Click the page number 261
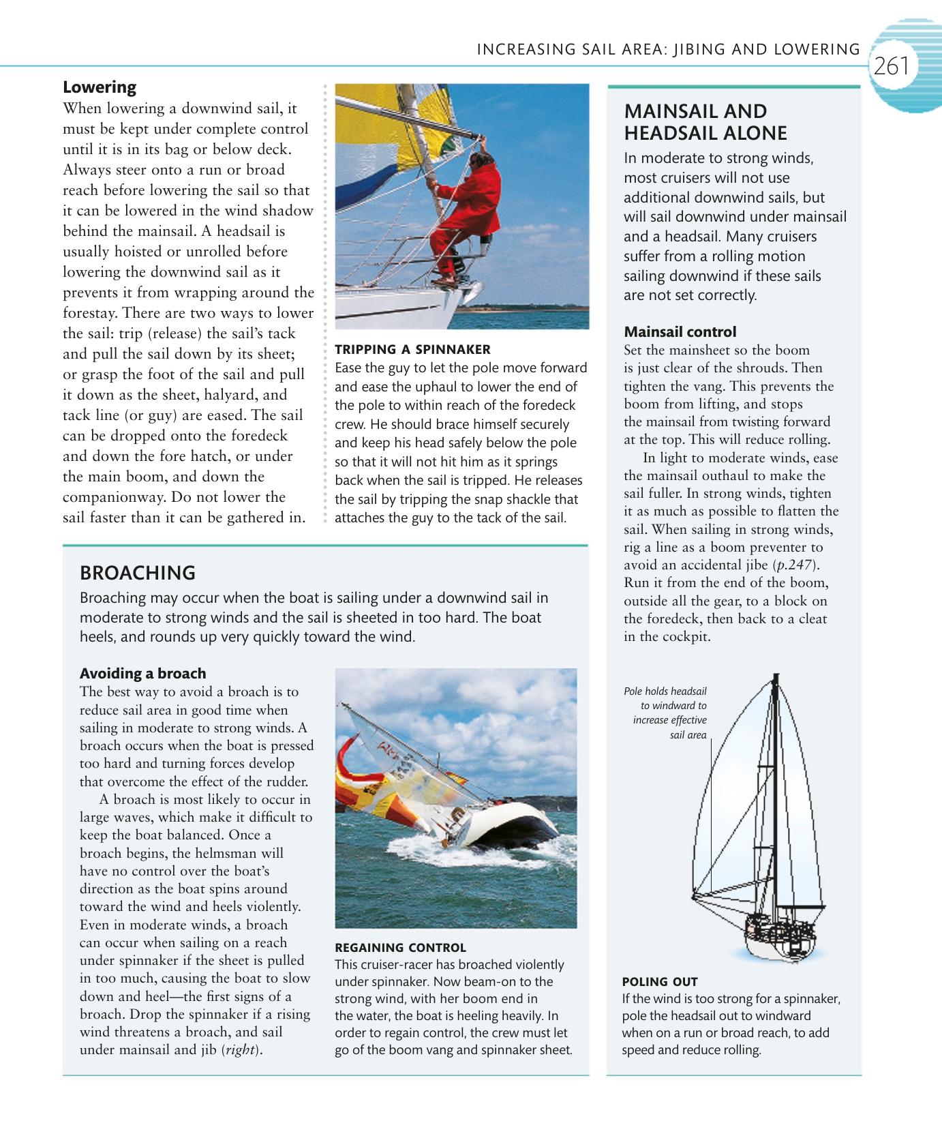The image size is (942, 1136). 892,66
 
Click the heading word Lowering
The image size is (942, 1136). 100,87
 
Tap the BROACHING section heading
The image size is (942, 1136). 138,572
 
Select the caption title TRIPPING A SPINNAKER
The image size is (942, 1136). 412,349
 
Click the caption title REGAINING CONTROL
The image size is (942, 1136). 400,947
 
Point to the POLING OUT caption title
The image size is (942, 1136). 659,981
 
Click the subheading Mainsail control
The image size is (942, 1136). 680,332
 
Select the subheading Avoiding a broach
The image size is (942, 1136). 142,673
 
